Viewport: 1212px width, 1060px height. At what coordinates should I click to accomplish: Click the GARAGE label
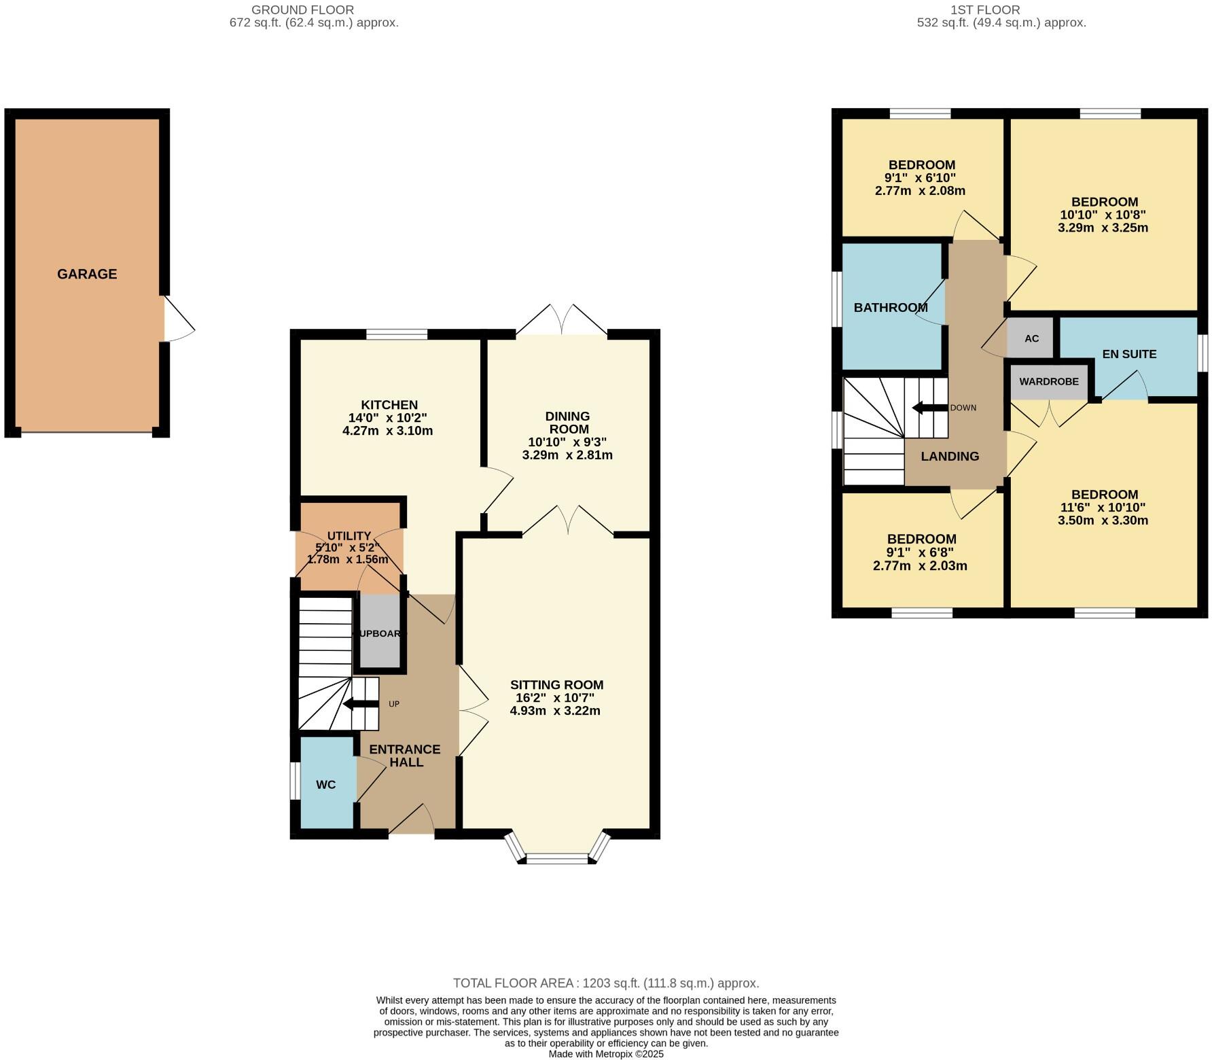[x=87, y=274]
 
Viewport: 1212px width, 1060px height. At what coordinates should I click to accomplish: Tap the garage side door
[x=178, y=319]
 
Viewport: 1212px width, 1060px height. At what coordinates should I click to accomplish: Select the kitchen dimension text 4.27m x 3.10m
[x=387, y=431]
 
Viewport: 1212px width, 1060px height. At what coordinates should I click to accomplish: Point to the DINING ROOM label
[x=568, y=423]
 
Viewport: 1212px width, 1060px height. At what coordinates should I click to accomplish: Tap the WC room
[x=326, y=784]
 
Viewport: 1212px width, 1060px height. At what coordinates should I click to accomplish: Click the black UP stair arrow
[x=361, y=704]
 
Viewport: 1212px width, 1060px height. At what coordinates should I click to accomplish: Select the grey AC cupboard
[x=1031, y=338]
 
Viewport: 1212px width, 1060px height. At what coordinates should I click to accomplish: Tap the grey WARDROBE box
[x=1048, y=382]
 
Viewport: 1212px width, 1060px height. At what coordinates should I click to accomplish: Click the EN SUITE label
[x=1128, y=354]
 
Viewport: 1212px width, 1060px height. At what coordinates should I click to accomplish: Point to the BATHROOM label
[x=890, y=308]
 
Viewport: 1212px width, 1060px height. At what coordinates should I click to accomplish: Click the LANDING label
[x=950, y=457]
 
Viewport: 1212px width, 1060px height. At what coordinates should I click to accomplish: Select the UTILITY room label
[x=349, y=536]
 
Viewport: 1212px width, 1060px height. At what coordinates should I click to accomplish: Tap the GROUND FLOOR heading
[x=302, y=10]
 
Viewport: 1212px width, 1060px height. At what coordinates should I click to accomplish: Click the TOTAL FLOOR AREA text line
[x=606, y=983]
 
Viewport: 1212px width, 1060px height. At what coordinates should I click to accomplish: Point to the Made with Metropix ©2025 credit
[x=606, y=1054]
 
